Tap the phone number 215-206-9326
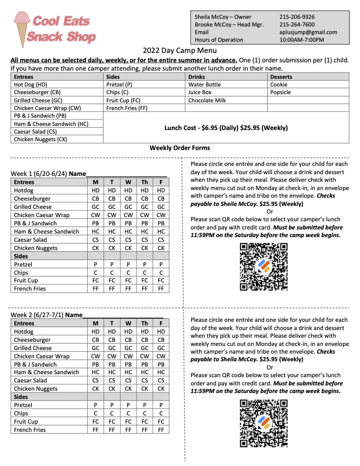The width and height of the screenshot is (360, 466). click(x=297, y=17)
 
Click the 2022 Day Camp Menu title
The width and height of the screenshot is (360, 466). click(x=180, y=51)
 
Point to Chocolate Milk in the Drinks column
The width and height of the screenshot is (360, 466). click(x=207, y=101)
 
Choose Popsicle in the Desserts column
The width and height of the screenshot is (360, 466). click(x=281, y=92)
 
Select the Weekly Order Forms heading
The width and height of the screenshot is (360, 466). click(x=179, y=148)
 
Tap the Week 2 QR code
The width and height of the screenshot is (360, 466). click(x=261, y=420)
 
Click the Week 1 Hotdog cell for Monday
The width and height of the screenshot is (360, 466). click(x=95, y=191)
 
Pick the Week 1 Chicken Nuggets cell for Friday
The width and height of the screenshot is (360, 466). click(x=161, y=248)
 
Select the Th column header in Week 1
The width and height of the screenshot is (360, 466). click(x=144, y=182)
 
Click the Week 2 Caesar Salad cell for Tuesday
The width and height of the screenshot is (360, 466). click(x=111, y=381)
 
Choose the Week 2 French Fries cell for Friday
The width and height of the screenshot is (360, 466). click(x=161, y=430)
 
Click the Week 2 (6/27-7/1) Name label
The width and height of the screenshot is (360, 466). click(x=47, y=315)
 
